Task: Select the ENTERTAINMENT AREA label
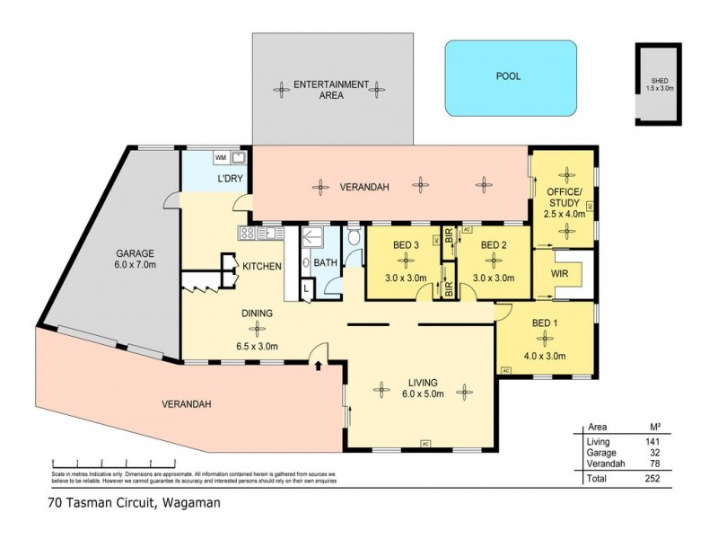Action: tap(332, 89)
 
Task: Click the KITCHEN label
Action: tap(262, 267)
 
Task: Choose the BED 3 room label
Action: tap(406, 244)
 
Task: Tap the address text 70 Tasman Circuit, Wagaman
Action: tap(135, 503)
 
